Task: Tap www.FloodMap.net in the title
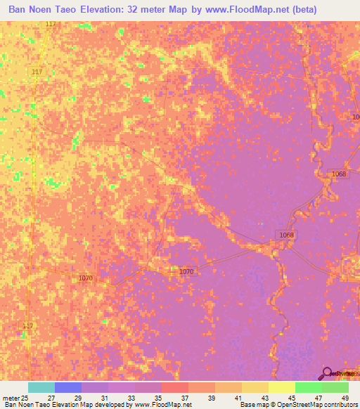(x=238, y=10)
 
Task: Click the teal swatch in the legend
(x=41, y=387)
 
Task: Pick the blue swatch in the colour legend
(x=67, y=387)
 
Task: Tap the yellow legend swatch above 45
(x=281, y=387)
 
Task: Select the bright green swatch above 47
(x=308, y=387)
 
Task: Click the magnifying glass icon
(x=327, y=373)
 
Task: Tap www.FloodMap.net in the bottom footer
(x=162, y=405)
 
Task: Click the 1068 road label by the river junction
(x=286, y=235)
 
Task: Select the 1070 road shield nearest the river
(x=186, y=271)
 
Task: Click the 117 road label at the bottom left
(x=28, y=325)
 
